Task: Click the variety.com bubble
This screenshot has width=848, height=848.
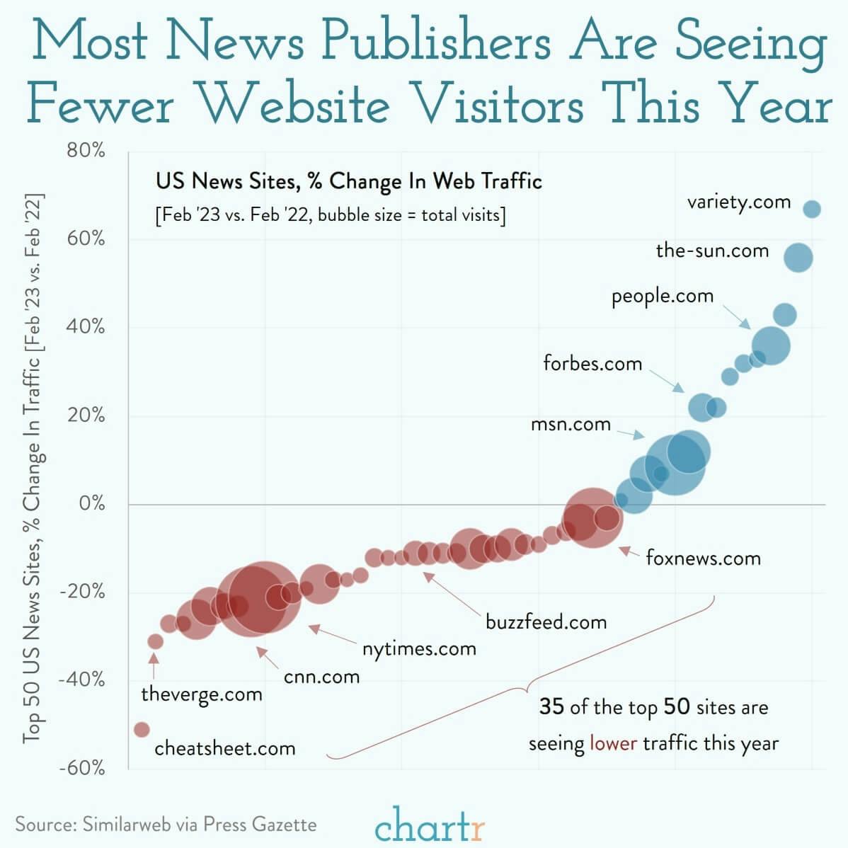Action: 812,209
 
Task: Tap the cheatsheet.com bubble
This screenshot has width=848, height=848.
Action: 142,729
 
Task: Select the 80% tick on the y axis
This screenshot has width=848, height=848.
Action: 86,150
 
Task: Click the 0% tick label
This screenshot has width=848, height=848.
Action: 91,503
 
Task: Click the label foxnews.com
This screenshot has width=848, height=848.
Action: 703,558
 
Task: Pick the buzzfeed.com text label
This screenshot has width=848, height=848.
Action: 546,622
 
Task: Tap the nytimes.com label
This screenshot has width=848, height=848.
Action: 419,648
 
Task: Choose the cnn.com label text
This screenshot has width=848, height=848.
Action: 321,677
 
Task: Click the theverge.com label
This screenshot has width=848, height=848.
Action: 202,694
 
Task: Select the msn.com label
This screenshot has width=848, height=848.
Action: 571,424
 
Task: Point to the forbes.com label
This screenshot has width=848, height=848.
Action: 592,363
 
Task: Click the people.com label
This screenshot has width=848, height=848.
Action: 663,296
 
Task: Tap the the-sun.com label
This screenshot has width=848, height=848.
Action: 712,250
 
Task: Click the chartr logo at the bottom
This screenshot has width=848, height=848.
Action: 430,825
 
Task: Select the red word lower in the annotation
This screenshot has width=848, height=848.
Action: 613,743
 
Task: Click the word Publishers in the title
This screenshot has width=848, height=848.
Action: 435,42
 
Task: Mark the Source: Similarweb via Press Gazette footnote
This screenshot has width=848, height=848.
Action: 166,824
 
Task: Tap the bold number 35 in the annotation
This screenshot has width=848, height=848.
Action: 552,706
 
